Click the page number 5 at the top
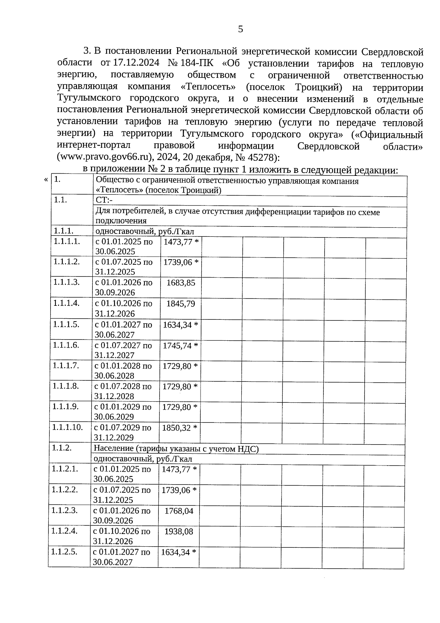click(241, 29)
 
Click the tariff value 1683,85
click(181, 283)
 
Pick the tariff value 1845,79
click(180, 304)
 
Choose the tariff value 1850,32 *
click(180, 428)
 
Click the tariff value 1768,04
click(179, 511)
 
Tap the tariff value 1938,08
click(179, 532)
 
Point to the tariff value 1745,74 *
click(180, 345)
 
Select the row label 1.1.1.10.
click(67, 427)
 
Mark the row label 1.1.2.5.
click(65, 552)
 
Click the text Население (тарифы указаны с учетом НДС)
click(176, 449)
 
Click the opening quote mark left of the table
click(46, 180)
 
